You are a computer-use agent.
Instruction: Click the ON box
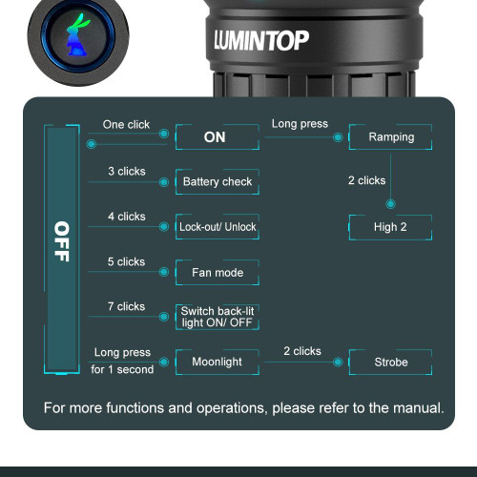pyautogui.click(x=216, y=136)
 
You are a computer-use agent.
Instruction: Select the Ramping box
pyautogui.click(x=391, y=136)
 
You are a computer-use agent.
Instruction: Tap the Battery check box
pyautogui.click(x=218, y=181)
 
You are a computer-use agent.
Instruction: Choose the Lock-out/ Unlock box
pyautogui.click(x=218, y=227)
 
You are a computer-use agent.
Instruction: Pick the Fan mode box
pyautogui.click(x=218, y=273)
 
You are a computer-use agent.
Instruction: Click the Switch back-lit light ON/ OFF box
pyautogui.click(x=218, y=318)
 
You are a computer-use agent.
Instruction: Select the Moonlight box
pyautogui.click(x=218, y=363)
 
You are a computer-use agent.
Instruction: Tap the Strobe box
pyautogui.click(x=391, y=363)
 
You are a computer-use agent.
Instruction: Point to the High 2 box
pyautogui.click(x=391, y=227)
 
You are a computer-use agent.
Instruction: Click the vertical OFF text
pyautogui.click(x=61, y=241)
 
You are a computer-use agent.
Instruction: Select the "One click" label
pyautogui.click(x=127, y=125)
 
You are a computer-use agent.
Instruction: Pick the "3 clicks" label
pyautogui.click(x=126, y=171)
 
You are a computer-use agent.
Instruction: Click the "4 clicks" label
pyautogui.click(x=126, y=217)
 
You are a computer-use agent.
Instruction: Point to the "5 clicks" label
pyautogui.click(x=126, y=261)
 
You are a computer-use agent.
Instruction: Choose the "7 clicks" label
pyautogui.click(x=126, y=306)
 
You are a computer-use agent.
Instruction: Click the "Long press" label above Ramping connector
pyautogui.click(x=300, y=124)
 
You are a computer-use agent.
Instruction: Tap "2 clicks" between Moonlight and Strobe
pyautogui.click(x=301, y=351)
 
